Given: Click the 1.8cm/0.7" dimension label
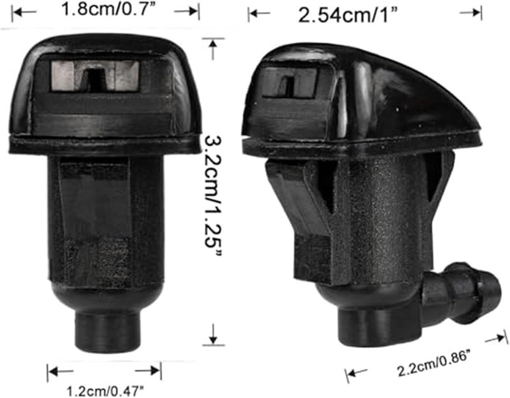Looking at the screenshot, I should click(105, 10).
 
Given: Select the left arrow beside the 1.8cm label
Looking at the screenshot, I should click(23, 11).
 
